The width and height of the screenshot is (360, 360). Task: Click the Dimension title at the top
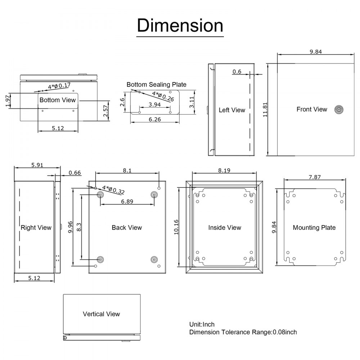click(x=180, y=26)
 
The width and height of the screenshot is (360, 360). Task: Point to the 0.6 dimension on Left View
click(x=237, y=72)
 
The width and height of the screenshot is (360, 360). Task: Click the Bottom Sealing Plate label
click(x=156, y=85)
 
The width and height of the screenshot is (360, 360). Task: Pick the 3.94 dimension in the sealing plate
click(x=149, y=105)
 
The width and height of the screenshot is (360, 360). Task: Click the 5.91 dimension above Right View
click(x=37, y=165)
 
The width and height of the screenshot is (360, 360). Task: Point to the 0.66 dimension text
click(x=75, y=173)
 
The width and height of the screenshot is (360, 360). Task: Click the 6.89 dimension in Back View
click(x=127, y=202)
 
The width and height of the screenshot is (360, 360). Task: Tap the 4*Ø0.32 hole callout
click(x=113, y=190)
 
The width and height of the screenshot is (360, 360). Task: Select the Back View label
click(x=127, y=228)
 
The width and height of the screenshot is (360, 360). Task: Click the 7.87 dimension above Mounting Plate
click(x=314, y=177)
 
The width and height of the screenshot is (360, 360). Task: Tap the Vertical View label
click(x=101, y=314)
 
